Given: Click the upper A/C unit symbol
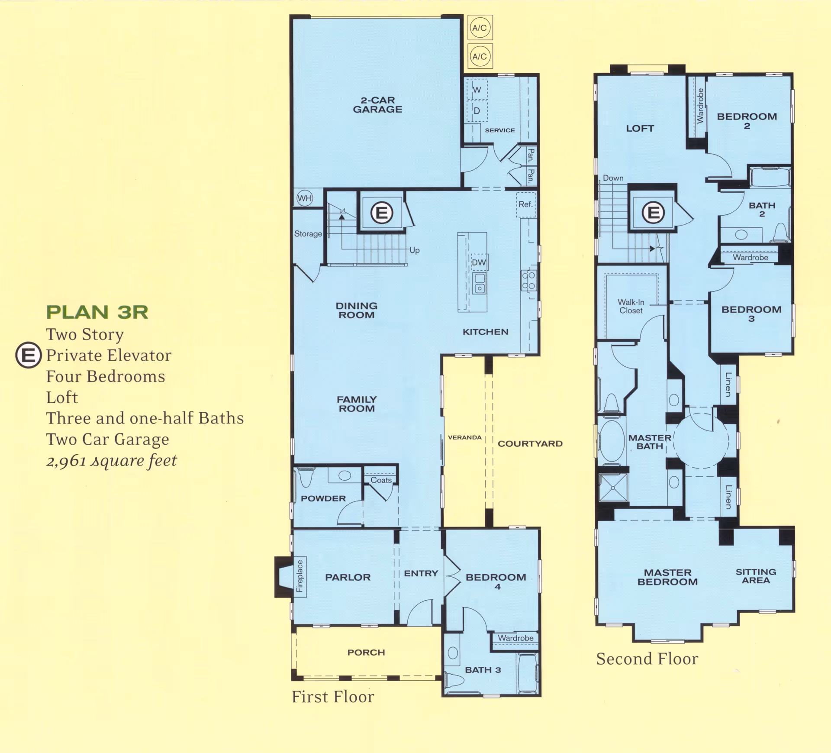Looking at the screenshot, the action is pyautogui.click(x=480, y=28).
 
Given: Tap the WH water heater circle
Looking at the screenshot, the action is pyautogui.click(x=305, y=198).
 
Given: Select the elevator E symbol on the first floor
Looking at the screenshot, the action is pyautogui.click(x=382, y=213).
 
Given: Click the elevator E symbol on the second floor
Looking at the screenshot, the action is pyautogui.click(x=653, y=213).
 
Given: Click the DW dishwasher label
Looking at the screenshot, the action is pyautogui.click(x=479, y=262).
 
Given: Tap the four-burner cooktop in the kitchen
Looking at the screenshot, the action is pyautogui.click(x=528, y=281).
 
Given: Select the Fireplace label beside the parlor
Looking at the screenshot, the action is pyautogui.click(x=300, y=576).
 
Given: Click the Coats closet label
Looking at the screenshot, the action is pyautogui.click(x=381, y=480).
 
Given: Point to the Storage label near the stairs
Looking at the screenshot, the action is pyautogui.click(x=308, y=234).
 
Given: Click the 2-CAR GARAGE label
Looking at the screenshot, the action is pyautogui.click(x=377, y=105).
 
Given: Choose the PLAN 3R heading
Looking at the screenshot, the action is pyautogui.click(x=97, y=312).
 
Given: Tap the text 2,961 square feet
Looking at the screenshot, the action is pyautogui.click(x=112, y=461).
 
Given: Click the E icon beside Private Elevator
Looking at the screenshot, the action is pyautogui.click(x=29, y=355).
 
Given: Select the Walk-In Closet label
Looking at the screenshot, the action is pyautogui.click(x=631, y=306).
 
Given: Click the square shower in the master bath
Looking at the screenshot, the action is pyautogui.click(x=613, y=488).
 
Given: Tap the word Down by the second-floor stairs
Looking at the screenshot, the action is pyautogui.click(x=613, y=178).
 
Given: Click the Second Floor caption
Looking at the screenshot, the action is pyautogui.click(x=647, y=659).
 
